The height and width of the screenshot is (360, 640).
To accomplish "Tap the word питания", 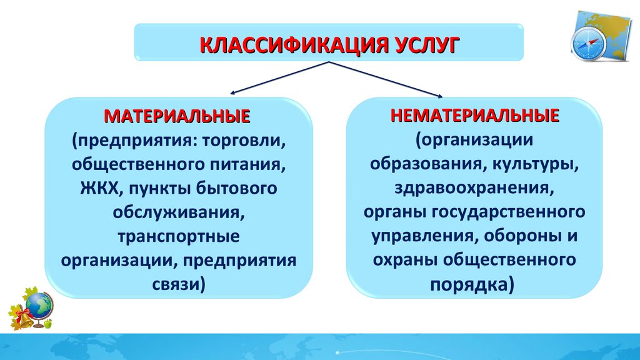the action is tap(247, 164).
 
